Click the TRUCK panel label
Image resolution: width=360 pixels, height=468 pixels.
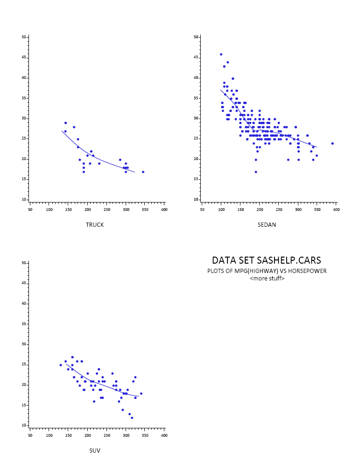point(95,225)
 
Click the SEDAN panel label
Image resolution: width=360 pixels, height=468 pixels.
point(267,225)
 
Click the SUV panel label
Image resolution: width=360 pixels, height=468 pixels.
point(95,451)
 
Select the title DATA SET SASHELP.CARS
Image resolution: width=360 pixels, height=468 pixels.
point(267,260)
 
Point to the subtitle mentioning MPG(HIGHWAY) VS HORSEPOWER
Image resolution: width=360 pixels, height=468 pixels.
point(267,271)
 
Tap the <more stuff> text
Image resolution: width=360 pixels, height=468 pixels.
point(267,279)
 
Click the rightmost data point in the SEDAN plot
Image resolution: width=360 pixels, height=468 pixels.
point(332,143)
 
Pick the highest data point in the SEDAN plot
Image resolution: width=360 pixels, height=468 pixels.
point(221,54)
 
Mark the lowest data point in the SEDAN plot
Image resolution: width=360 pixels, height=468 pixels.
point(256,172)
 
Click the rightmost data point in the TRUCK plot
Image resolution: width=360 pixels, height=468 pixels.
point(143,172)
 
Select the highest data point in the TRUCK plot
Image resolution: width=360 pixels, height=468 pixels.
point(66,123)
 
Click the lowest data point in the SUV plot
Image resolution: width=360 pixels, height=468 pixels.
point(132,418)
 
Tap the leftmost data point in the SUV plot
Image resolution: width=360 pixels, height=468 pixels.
point(61,365)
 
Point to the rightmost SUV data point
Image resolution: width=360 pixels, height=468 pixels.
point(141,393)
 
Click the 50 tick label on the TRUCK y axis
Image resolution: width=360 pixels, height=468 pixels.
point(24,37)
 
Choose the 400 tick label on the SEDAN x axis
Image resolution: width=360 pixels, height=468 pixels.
point(336,210)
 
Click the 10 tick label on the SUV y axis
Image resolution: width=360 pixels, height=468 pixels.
point(24,426)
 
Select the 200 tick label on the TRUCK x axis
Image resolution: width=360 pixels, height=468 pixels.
point(88,210)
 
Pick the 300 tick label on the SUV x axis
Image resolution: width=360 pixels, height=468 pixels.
point(126,435)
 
